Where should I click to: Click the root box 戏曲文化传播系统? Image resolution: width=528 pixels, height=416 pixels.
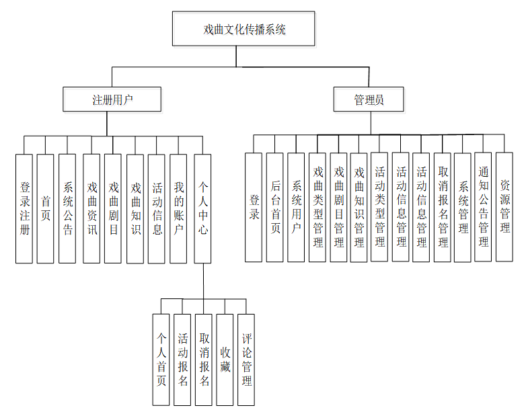[243, 30]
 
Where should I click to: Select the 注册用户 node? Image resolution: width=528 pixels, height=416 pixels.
[112, 100]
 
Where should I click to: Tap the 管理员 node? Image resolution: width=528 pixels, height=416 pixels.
[369, 100]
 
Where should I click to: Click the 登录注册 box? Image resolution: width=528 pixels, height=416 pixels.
[25, 208]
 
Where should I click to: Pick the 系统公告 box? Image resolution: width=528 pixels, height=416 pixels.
[67, 208]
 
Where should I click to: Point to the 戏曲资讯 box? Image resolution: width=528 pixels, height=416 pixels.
[91, 208]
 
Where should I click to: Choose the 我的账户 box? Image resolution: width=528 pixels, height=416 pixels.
[178, 208]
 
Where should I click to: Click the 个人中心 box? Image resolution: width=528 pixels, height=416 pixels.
[202, 208]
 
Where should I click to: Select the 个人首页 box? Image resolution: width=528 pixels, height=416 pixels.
[161, 360]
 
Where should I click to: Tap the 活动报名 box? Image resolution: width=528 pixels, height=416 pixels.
[182, 360]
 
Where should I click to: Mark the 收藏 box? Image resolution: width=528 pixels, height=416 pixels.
[225, 360]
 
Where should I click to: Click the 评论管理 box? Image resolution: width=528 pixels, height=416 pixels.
[246, 360]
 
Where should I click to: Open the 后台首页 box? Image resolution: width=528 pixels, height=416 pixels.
[274, 207]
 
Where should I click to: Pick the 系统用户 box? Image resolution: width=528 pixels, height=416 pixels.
[296, 207]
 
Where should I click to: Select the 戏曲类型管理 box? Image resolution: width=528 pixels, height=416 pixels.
[317, 207]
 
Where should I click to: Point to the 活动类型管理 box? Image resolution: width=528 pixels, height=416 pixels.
[379, 207]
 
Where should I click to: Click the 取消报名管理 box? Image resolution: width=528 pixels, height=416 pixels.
[442, 207]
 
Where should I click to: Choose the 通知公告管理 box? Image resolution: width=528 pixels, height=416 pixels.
[484, 207]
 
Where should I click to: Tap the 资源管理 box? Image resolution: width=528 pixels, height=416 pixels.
[504, 207]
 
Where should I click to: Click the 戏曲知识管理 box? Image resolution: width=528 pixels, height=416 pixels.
[359, 207]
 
